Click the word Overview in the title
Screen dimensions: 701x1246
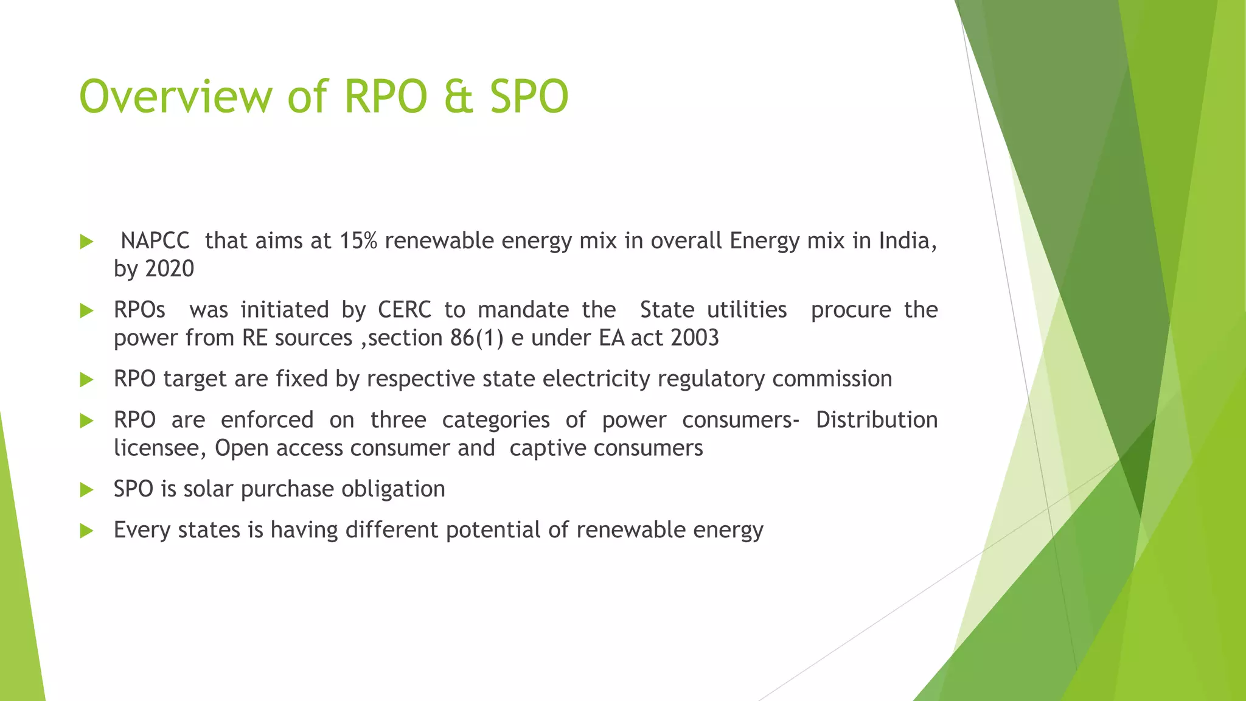(x=176, y=97)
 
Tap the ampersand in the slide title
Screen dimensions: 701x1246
(x=458, y=97)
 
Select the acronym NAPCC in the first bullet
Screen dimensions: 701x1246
(x=155, y=241)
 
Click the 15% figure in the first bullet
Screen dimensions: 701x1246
(x=358, y=241)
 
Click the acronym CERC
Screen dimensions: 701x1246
(x=404, y=310)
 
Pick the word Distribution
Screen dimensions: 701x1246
(x=877, y=420)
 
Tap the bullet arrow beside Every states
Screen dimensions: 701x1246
(x=86, y=531)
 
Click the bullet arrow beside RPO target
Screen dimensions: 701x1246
(x=86, y=380)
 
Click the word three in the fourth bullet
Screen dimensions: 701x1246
(x=398, y=420)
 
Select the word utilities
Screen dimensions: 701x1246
(x=747, y=310)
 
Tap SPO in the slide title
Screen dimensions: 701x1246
(x=529, y=97)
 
